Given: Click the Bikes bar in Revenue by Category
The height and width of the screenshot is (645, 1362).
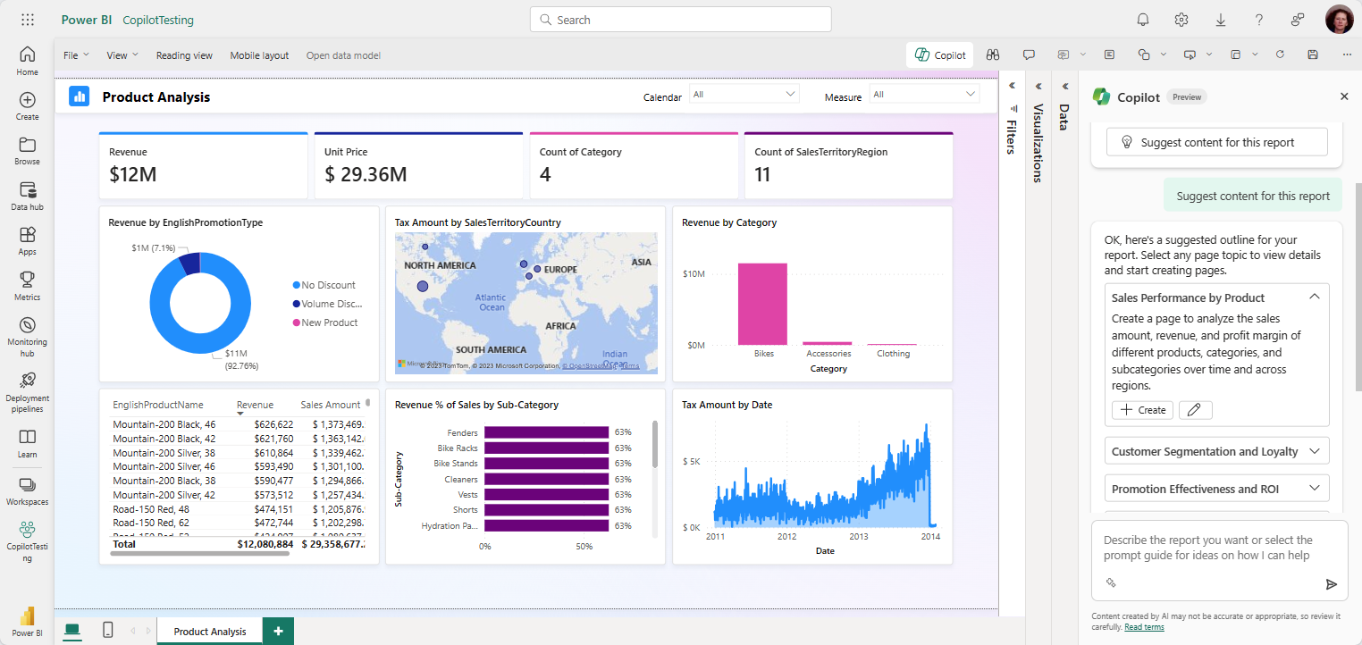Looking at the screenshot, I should click(x=762, y=304).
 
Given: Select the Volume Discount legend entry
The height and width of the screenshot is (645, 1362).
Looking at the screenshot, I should click(x=329, y=304).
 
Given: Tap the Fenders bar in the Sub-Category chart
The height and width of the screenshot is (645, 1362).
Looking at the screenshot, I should click(x=546, y=432).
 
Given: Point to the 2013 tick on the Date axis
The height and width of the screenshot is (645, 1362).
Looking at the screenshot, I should click(x=858, y=537).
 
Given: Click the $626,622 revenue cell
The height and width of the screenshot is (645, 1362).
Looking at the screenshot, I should click(x=273, y=424).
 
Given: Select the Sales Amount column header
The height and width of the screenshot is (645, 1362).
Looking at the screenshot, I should click(x=330, y=405).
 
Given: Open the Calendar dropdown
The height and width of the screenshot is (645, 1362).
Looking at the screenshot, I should click(x=744, y=94).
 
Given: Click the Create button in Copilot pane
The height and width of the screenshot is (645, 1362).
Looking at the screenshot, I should click(x=1143, y=410).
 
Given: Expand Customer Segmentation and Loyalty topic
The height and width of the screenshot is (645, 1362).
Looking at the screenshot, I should click(x=1216, y=451).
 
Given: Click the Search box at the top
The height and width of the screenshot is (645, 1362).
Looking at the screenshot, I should click(x=680, y=20).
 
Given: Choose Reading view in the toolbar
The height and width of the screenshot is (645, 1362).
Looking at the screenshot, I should click(x=184, y=55).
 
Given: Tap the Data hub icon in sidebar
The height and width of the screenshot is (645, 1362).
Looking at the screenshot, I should click(x=27, y=196).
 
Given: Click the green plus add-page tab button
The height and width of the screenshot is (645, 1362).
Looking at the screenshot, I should click(x=278, y=631).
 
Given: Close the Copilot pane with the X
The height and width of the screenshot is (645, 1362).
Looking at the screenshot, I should click(x=1344, y=96).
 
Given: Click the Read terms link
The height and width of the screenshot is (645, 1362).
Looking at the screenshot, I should click(x=1144, y=627).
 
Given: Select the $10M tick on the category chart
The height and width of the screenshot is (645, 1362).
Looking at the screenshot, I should click(x=694, y=272).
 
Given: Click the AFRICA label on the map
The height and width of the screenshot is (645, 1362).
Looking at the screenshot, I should click(x=561, y=326).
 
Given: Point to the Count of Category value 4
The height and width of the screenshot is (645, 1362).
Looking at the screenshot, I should click(x=545, y=174).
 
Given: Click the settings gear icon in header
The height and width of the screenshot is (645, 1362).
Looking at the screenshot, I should click(x=1181, y=20).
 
